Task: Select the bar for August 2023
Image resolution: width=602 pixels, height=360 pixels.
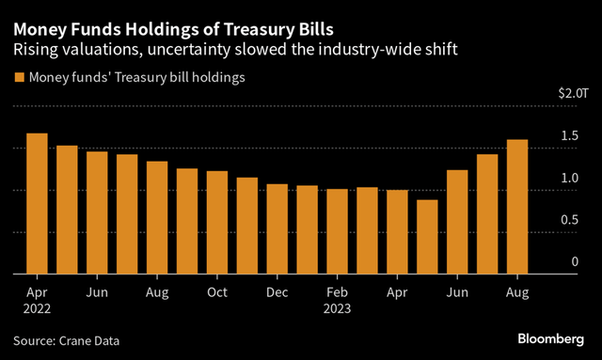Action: click(x=517, y=208)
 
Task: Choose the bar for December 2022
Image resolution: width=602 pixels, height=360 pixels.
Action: click(x=277, y=229)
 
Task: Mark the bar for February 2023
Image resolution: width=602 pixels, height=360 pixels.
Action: click(x=337, y=232)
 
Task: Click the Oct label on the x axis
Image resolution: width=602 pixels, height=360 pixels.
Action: click(x=217, y=292)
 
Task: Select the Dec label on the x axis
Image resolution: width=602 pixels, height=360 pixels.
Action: click(x=277, y=292)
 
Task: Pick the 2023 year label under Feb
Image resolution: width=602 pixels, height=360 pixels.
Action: click(x=337, y=307)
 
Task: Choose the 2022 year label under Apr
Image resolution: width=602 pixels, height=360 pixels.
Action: click(x=37, y=307)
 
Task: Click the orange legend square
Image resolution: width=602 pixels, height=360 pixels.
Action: click(x=18, y=78)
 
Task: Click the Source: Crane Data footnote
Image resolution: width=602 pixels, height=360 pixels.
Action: click(x=67, y=339)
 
